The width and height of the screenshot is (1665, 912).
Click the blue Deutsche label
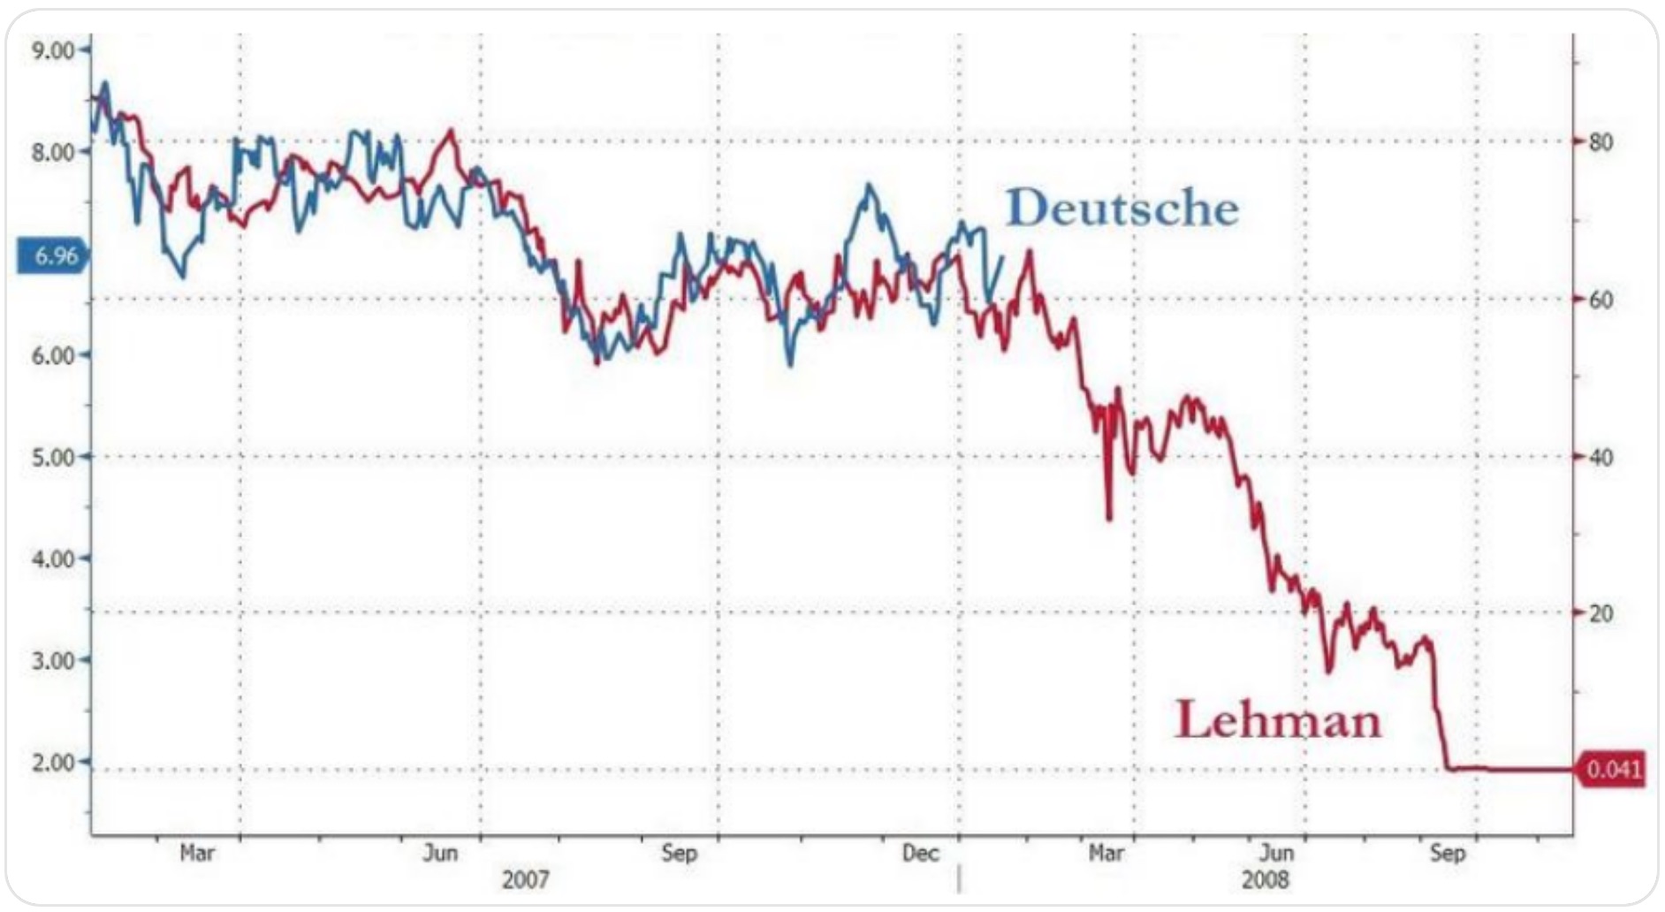click(x=1121, y=209)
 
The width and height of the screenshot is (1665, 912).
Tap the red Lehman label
click(x=1277, y=719)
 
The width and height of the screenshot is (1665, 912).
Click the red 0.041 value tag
click(x=1613, y=770)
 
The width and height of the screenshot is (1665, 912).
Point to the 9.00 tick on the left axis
click(x=53, y=50)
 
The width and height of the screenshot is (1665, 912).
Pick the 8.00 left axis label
click(x=53, y=152)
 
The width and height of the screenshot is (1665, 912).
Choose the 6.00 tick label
click(x=53, y=355)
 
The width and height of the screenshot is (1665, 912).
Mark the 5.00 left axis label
click(x=53, y=458)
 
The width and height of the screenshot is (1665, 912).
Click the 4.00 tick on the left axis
click(x=53, y=559)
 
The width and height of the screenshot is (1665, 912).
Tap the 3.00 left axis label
click(x=53, y=661)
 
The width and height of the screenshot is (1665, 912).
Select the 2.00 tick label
click(x=53, y=763)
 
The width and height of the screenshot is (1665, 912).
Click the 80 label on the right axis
click(x=1600, y=142)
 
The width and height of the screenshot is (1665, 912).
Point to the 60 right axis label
click(x=1600, y=300)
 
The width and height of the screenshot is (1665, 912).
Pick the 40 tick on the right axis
click(x=1600, y=458)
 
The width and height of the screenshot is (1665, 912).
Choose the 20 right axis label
click(x=1600, y=613)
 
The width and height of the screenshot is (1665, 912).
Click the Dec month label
click(x=919, y=854)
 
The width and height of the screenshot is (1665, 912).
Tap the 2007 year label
click(x=525, y=880)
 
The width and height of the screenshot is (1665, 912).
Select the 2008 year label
click(x=1265, y=880)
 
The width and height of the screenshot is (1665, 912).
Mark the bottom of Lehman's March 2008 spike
click(x=1109, y=518)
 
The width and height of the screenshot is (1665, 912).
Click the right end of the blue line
click(x=1002, y=257)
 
